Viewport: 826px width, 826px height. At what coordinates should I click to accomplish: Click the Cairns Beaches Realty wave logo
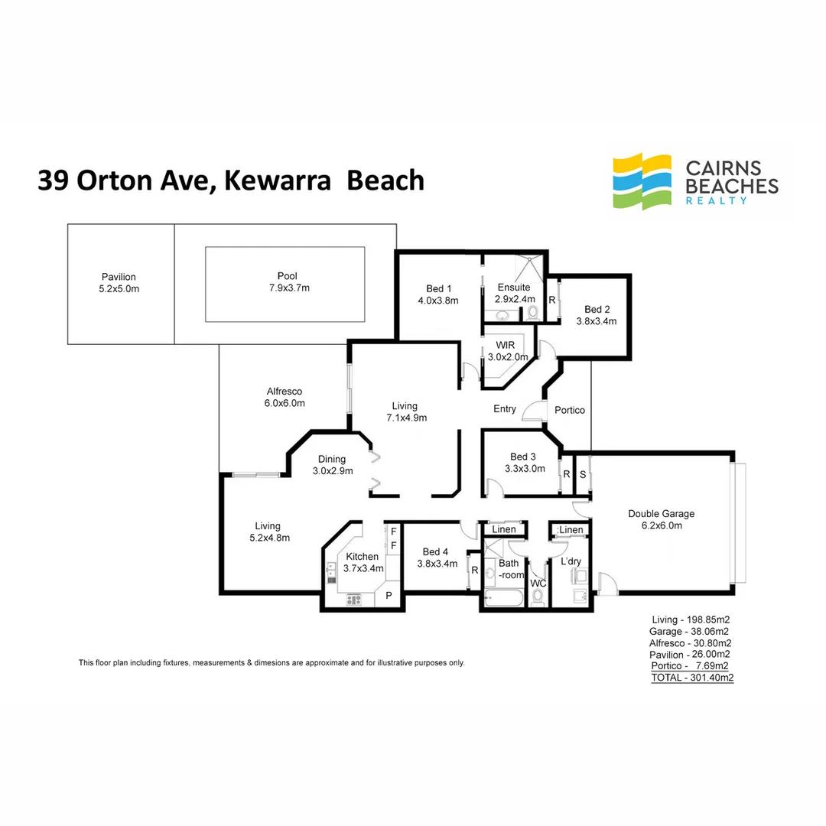[x=643, y=182]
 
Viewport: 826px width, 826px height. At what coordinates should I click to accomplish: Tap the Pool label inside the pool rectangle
[x=288, y=277]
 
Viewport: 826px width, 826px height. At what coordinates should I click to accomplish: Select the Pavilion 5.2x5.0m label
[x=119, y=283]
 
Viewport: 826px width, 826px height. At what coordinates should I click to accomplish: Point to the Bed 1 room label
[x=438, y=294]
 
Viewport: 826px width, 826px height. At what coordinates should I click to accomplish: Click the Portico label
[x=570, y=410]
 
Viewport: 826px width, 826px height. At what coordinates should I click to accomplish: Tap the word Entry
[x=505, y=409]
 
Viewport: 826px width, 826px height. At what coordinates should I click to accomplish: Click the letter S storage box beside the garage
[x=582, y=474]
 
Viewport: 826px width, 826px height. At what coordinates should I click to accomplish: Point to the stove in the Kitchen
[x=353, y=599]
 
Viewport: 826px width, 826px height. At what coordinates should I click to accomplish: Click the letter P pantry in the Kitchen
[x=389, y=596]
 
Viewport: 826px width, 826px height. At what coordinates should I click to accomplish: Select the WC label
[x=538, y=584]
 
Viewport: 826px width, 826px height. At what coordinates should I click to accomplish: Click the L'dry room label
[x=571, y=562]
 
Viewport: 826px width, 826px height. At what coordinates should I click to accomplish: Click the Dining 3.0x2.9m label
[x=333, y=465]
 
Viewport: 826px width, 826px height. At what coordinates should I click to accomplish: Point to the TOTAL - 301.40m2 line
[x=692, y=678]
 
